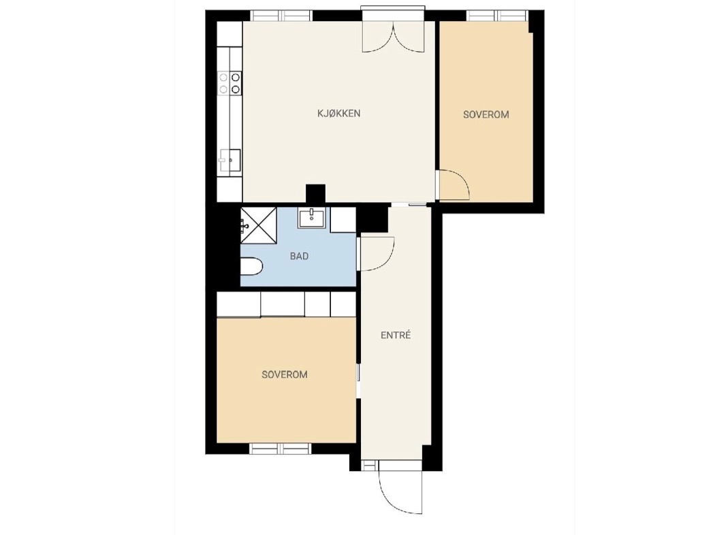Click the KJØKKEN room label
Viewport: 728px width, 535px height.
339,113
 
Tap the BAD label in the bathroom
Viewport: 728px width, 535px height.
299,256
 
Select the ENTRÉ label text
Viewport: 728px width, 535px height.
396,335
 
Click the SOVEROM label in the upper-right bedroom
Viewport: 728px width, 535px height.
486,114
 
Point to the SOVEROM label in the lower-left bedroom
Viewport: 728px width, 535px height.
285,374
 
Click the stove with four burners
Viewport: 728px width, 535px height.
230,83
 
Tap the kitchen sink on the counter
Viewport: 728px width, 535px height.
230,161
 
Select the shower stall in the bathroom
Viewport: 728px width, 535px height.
258,225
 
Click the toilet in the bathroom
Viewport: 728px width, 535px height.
252,266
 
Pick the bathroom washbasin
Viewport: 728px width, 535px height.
311,218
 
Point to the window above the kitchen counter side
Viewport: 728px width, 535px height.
282,16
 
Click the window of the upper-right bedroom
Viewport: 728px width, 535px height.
498,16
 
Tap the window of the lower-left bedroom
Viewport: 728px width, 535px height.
281,449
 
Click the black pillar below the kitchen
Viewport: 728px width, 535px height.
315,194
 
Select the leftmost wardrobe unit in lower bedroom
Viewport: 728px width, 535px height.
238,305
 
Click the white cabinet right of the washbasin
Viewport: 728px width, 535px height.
343,220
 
